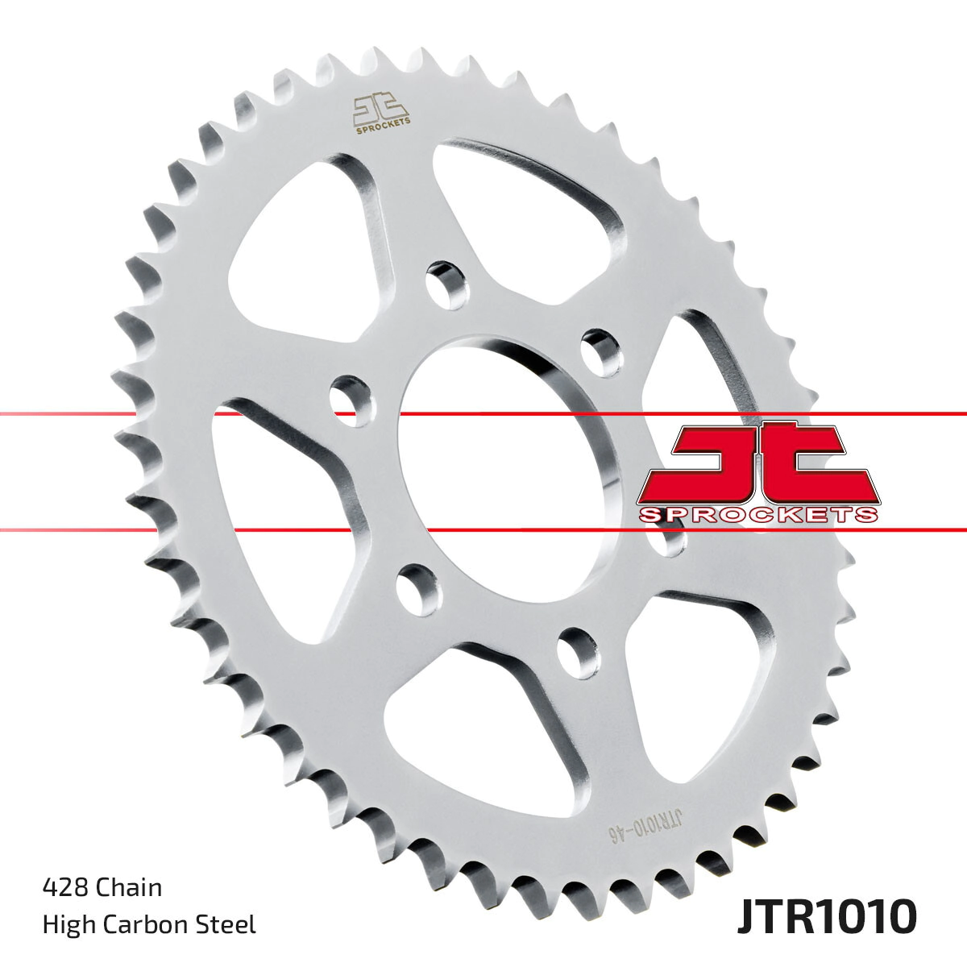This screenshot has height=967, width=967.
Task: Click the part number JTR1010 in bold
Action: point(826,916)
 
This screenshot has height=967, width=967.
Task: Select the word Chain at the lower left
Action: point(129,887)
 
